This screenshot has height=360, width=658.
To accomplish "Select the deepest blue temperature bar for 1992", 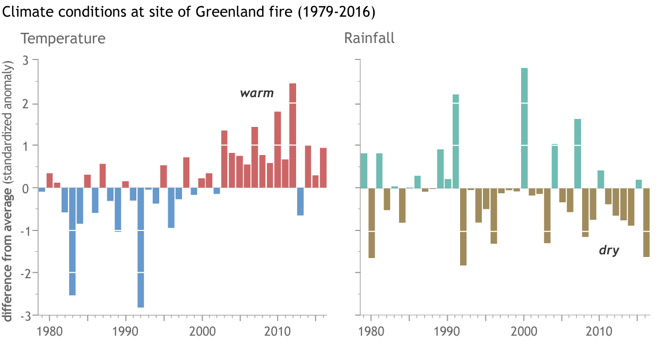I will coord(141,247).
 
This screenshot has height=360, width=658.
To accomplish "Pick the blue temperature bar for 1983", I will coord(72,242).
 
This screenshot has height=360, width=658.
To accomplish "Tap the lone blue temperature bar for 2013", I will coord(300,201).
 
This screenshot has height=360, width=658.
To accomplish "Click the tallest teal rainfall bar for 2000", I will coord(524,128).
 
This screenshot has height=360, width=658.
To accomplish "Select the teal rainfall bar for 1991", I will coord(455,141).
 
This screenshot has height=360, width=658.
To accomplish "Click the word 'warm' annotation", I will coord(257,93).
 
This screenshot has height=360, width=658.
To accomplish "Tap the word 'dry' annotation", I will coord(609,250).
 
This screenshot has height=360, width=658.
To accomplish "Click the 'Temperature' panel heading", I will coord(63,39).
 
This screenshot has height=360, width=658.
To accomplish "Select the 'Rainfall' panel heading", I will coord(369,39).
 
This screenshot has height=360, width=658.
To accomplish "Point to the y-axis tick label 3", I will coord(25,61).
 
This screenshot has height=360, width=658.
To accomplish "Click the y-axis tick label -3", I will coord(23,315).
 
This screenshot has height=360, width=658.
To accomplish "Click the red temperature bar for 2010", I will coord(278,149).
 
